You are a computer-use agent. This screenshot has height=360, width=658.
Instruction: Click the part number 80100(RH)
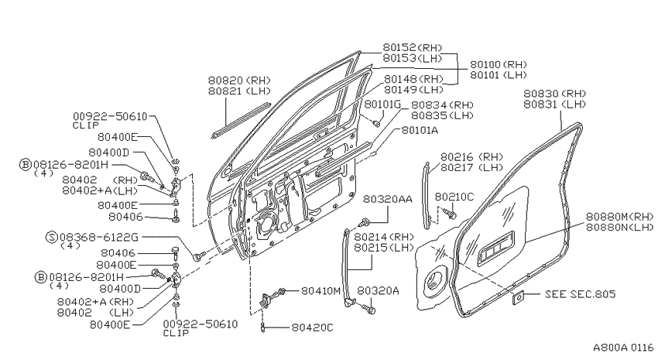click(498, 64)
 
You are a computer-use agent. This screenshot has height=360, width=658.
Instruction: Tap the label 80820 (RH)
click(240, 81)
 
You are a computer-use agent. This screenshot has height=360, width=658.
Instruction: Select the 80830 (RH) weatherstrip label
click(554, 94)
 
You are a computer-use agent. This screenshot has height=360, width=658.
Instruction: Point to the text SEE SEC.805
click(580, 294)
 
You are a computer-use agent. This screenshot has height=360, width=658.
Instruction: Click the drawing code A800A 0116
click(623, 348)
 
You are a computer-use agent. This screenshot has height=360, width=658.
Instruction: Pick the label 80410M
click(321, 290)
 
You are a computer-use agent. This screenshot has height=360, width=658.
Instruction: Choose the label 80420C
click(312, 327)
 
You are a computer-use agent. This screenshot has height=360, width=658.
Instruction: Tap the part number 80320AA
click(388, 199)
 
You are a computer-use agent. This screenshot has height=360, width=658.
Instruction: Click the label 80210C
click(454, 197)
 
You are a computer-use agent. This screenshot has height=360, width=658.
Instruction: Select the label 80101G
click(382, 104)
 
